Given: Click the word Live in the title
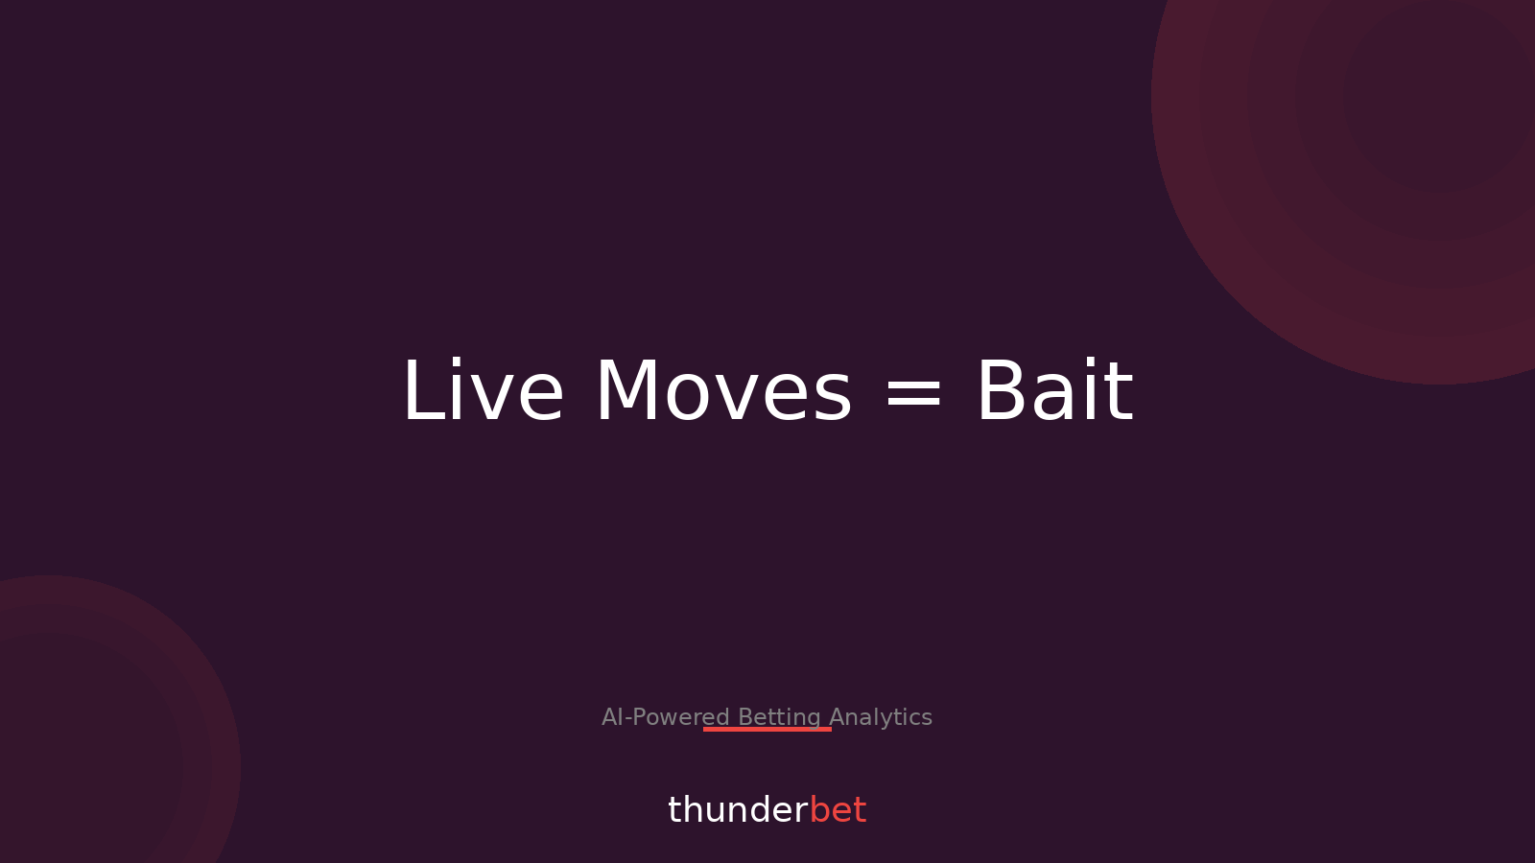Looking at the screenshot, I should point(483,391).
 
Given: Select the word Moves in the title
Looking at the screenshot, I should point(723,391).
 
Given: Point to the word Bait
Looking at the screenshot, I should point(1054,391).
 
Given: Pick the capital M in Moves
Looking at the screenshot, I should point(628,391).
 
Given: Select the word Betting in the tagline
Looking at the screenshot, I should point(779,717).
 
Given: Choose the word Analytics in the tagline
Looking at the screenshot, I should point(881,717).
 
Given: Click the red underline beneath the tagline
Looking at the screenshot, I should point(767,730).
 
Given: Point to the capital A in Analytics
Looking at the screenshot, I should point(837,717).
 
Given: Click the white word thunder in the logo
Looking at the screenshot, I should point(738,810).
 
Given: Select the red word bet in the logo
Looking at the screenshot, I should point(838,810).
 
